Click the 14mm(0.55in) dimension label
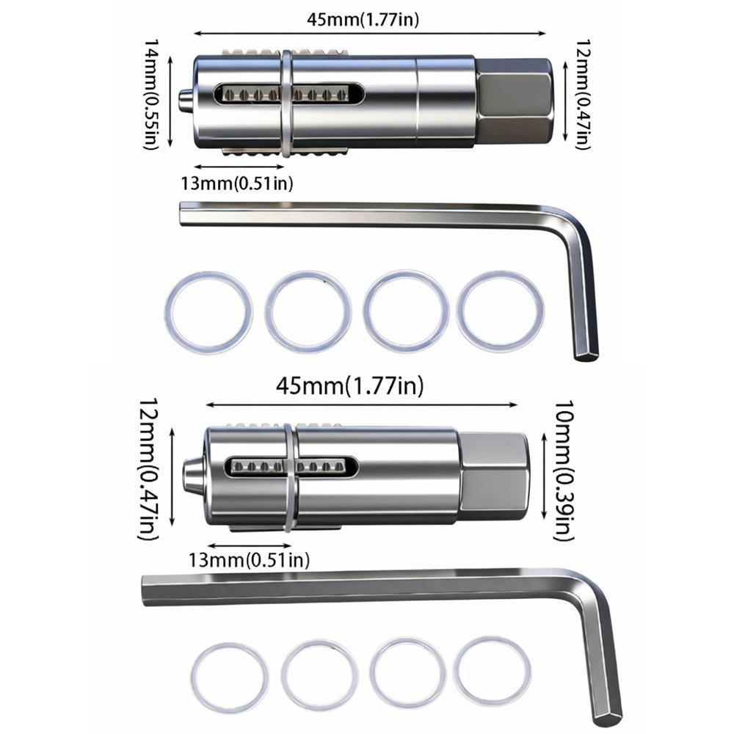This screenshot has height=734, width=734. pos(153,93)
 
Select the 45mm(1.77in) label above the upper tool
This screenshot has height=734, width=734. pos(364,20)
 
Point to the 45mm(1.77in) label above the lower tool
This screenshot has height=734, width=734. pos(349,386)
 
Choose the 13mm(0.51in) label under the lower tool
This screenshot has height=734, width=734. pos(248,561)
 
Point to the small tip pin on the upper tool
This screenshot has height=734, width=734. pos(186,101)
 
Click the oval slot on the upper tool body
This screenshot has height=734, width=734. pos(288,95)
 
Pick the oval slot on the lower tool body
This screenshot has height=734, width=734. pos(292,466)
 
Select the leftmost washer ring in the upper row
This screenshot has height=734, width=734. pos(208,312)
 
